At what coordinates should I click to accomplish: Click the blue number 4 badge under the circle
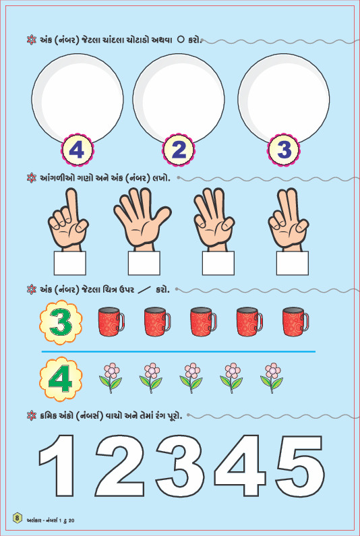click(78, 150)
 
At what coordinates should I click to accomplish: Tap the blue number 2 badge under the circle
click(179, 150)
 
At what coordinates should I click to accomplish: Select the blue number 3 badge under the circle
click(284, 150)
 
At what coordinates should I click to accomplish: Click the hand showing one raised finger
click(68, 220)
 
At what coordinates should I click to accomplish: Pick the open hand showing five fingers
click(142, 218)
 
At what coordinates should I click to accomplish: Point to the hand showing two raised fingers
click(289, 220)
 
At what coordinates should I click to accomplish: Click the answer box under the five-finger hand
click(144, 263)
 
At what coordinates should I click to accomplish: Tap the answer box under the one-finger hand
click(69, 263)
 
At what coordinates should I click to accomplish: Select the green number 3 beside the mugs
click(61, 322)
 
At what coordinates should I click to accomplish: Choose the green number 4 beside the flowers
click(61, 379)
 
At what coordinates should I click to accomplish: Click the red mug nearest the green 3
click(111, 322)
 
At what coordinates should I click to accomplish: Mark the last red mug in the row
click(295, 322)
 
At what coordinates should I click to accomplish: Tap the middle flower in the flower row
click(191, 378)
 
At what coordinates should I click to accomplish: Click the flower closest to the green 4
click(111, 378)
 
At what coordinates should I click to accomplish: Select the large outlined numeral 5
click(300, 467)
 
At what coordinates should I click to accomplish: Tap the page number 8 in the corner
click(18, 518)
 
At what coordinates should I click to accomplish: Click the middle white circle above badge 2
click(179, 99)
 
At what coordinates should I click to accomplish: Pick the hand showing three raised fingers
click(214, 218)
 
